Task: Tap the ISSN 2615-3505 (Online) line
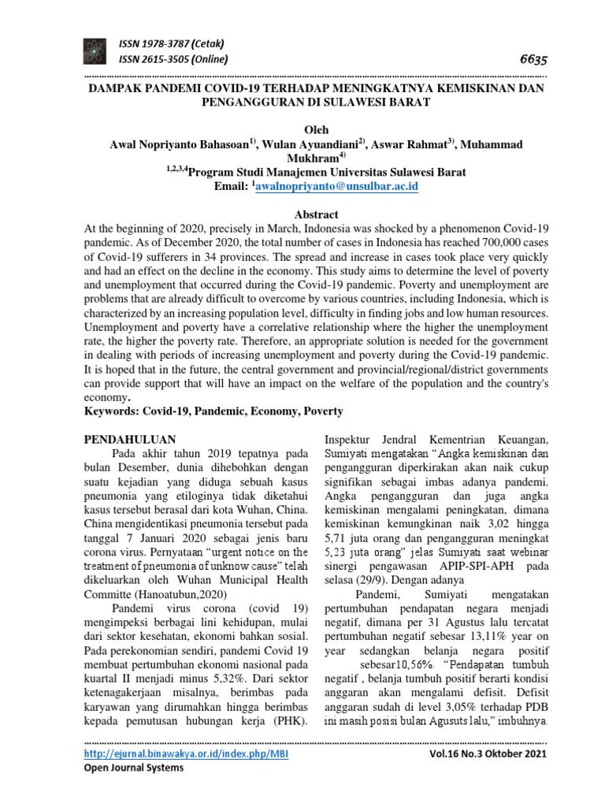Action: pos(173,60)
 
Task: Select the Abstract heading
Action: pos(315,214)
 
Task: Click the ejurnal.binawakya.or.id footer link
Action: pos(180,753)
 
